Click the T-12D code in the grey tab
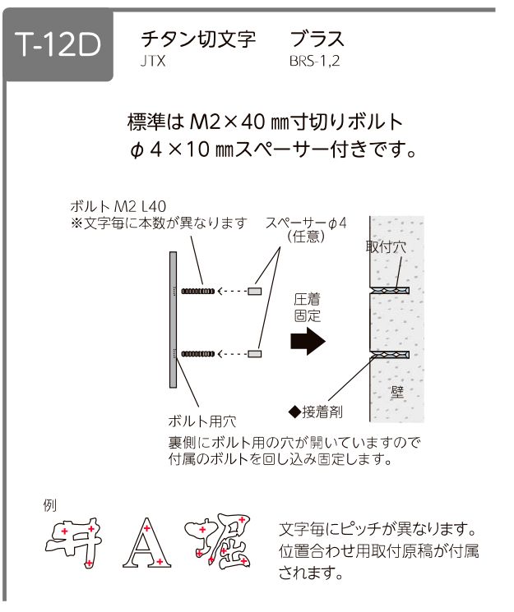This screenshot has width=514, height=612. [x=58, y=44]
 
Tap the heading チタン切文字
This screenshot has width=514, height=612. [x=198, y=39]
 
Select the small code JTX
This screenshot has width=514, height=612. [x=153, y=62]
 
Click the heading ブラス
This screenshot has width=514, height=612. [x=317, y=39]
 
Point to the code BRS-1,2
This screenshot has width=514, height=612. [x=315, y=62]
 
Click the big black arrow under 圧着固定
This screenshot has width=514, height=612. [x=308, y=341]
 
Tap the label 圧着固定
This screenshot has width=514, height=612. [x=308, y=307]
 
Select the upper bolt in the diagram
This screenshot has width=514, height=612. [x=197, y=291]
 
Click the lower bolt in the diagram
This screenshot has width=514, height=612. [x=197, y=354]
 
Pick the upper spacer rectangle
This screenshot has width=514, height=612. [x=255, y=291]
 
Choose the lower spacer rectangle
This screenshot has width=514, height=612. [x=255, y=354]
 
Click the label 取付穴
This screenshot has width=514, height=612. [x=386, y=246]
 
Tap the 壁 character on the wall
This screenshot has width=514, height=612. [x=396, y=392]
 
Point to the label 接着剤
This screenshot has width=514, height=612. [x=322, y=412]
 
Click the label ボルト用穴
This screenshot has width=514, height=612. [x=202, y=421]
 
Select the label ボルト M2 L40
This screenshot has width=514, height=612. [x=118, y=206]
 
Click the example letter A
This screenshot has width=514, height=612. [x=147, y=543]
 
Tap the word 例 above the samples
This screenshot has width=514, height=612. [x=50, y=506]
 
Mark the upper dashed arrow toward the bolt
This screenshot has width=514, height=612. [x=233, y=291]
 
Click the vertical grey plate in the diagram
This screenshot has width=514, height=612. [x=174, y=320]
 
